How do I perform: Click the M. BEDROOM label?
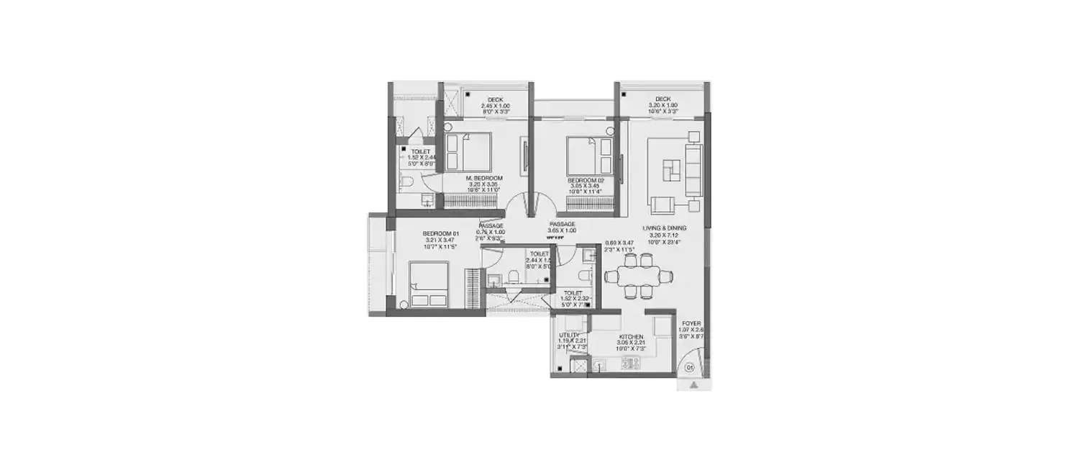[483, 177]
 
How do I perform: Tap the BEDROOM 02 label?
[584, 180]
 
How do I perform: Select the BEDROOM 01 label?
[441, 233]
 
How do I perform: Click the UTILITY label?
[570, 336]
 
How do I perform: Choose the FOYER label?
[691, 324]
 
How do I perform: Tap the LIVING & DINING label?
[666, 228]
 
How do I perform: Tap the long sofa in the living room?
[693, 169]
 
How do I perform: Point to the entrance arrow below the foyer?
[693, 386]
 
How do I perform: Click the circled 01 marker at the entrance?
[689, 368]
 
